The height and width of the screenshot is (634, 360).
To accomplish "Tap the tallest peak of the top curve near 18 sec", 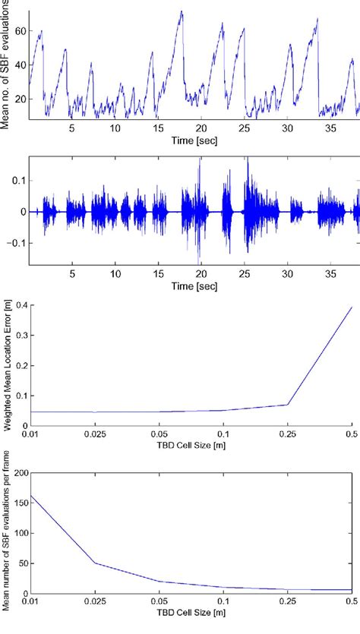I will click(181, 11).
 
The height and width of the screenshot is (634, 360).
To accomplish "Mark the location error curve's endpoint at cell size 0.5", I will click(352, 308).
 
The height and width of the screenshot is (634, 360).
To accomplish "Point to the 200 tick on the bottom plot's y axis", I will click(18, 472).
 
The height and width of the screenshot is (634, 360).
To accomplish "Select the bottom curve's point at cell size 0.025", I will click(94, 563).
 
